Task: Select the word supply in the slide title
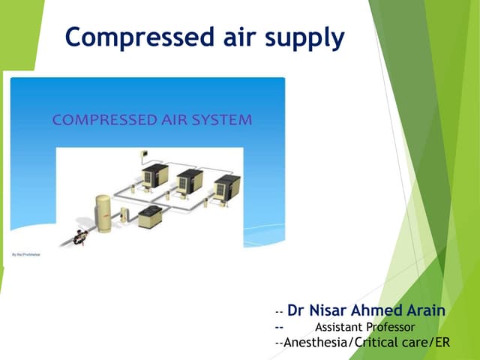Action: (305, 37)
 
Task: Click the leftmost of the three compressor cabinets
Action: (155, 176)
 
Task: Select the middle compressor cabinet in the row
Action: (189, 181)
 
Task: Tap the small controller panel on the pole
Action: (142, 155)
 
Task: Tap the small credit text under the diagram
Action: (25, 255)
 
